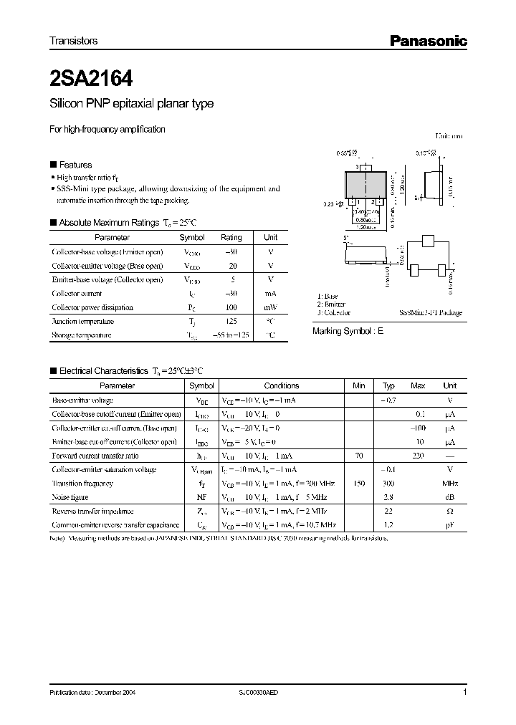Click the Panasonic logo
click(428, 42)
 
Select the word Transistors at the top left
click(73, 42)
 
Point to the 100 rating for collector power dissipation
click(231, 307)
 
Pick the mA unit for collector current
click(271, 293)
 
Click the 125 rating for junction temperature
click(231, 321)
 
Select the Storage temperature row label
click(82, 335)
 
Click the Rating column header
click(231, 237)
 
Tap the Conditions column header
click(282, 385)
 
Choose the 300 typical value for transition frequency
click(388, 484)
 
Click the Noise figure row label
click(70, 497)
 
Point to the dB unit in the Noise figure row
click(450, 497)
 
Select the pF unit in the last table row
click(450, 525)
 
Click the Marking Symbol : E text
click(348, 332)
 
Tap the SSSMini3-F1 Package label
click(430, 312)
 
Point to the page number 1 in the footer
click(465, 692)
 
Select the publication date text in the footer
click(92, 693)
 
